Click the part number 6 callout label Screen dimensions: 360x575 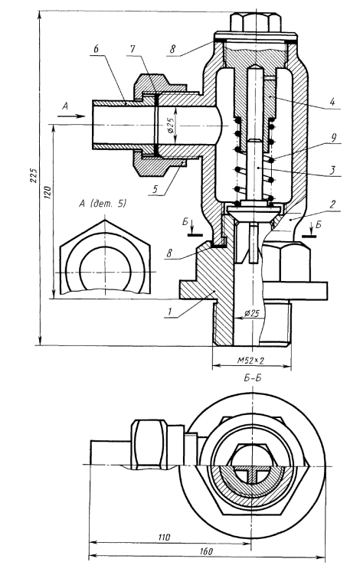97,50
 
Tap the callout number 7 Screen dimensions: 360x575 133,50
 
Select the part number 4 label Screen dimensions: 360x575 332,102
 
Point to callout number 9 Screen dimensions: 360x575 333,138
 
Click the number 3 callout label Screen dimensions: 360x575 332,170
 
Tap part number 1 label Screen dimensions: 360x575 169,312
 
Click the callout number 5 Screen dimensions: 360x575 155,189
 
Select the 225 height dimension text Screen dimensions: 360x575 34,176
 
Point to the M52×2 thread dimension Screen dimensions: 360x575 250,360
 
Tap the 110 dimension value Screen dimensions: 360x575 164,537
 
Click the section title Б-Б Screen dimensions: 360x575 252,378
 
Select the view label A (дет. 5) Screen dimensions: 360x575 103,204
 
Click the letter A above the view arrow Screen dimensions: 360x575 65,106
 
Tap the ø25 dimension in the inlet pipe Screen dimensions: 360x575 170,125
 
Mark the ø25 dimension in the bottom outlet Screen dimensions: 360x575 251,313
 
